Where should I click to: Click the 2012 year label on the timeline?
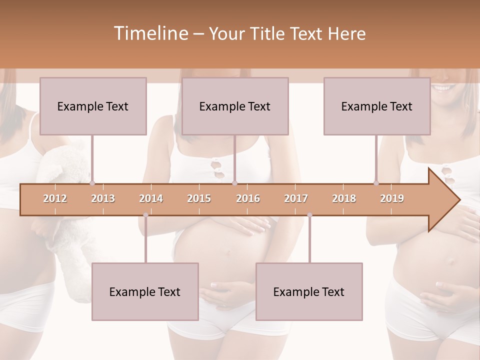pyautogui.click(x=55, y=198)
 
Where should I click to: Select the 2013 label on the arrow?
pyautogui.click(x=103, y=198)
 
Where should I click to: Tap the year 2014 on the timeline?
pyautogui.click(x=151, y=198)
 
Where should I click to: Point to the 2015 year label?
pyautogui.click(x=199, y=198)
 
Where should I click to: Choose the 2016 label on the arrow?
pyautogui.click(x=248, y=198)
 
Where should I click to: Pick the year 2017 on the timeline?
pyautogui.click(x=296, y=198)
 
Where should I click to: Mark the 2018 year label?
pyautogui.click(x=344, y=198)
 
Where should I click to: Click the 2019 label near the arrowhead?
pyautogui.click(x=392, y=198)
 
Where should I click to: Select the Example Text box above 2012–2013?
pyautogui.click(x=93, y=106)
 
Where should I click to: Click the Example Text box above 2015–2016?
pyautogui.click(x=235, y=106)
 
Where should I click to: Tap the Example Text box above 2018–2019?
pyautogui.click(x=377, y=106)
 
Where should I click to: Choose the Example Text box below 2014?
pyautogui.click(x=145, y=291)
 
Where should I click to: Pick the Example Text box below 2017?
pyautogui.click(x=309, y=291)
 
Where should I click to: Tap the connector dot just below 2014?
pyautogui.click(x=145, y=215)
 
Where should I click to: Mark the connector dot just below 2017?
pyautogui.click(x=309, y=215)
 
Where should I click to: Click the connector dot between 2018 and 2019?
pyautogui.click(x=376, y=183)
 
